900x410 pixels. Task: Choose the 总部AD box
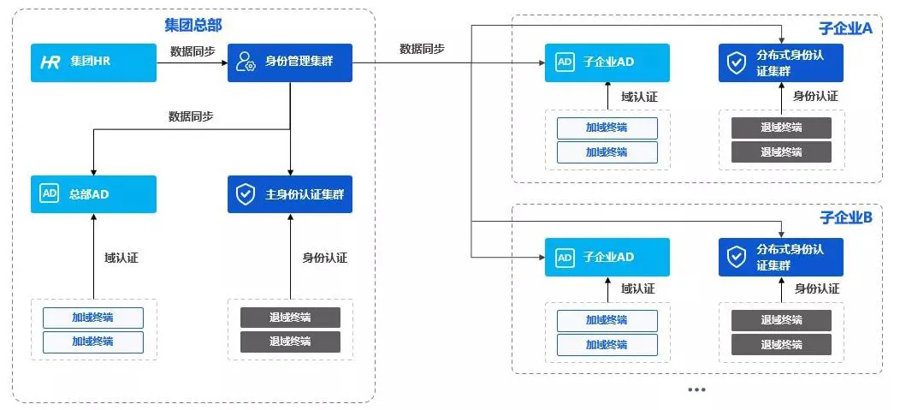click(94, 194)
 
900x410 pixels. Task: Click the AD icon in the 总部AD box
click(49, 194)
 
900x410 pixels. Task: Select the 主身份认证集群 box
click(290, 194)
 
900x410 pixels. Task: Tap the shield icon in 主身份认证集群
click(246, 194)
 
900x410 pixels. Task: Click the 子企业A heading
click(845, 28)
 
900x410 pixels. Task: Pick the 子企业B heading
click(845, 217)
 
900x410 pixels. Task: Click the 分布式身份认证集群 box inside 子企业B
click(780, 257)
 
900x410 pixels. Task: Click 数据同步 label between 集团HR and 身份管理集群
click(192, 51)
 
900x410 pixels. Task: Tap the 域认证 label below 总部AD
click(121, 257)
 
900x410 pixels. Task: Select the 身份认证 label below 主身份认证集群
click(325, 257)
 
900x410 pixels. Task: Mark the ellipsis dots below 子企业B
click(696, 389)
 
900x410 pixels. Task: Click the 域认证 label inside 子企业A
click(639, 96)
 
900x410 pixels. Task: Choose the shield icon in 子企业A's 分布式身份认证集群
click(735, 62)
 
